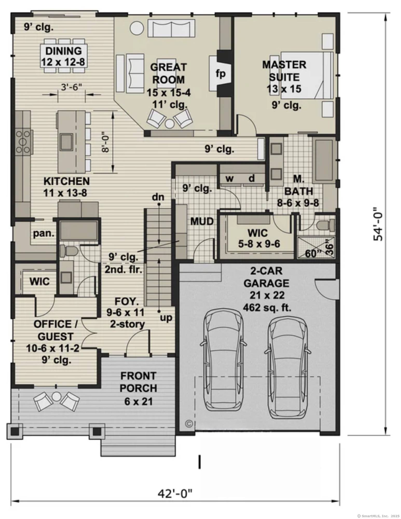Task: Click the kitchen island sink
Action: (x=67, y=142)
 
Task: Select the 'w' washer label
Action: (x=229, y=179)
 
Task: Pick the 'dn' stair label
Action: (x=158, y=197)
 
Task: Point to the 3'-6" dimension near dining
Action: (x=71, y=87)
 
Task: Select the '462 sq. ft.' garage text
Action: (x=267, y=308)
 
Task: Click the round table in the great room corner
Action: (x=137, y=28)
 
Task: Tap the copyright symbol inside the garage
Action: (x=189, y=424)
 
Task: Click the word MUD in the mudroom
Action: (x=202, y=221)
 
